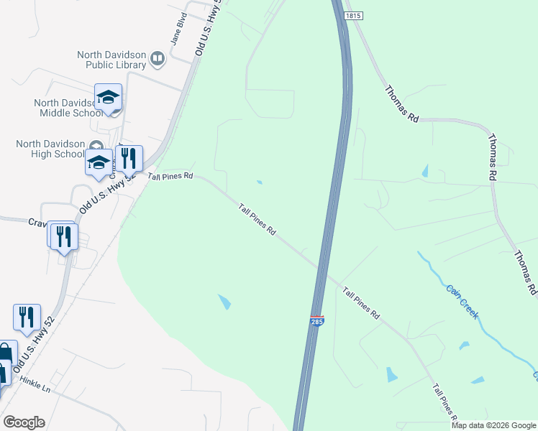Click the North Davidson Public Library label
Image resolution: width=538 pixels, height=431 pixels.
tap(111, 60)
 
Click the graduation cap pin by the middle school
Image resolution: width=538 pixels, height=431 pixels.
tap(108, 97)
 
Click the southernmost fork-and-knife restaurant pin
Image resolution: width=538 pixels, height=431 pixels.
tap(27, 317)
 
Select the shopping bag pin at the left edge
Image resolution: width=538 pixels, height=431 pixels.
tap(5, 353)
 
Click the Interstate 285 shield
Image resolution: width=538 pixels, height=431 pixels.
tap(316, 321)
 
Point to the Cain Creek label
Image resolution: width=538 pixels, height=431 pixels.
tap(462, 302)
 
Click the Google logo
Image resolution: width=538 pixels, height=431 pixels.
tap(24, 422)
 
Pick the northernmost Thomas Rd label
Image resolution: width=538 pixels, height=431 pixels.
tap(401, 104)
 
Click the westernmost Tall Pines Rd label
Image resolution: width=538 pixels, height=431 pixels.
tap(170, 175)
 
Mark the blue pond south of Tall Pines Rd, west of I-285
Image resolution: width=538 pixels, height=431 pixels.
tap(224, 302)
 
